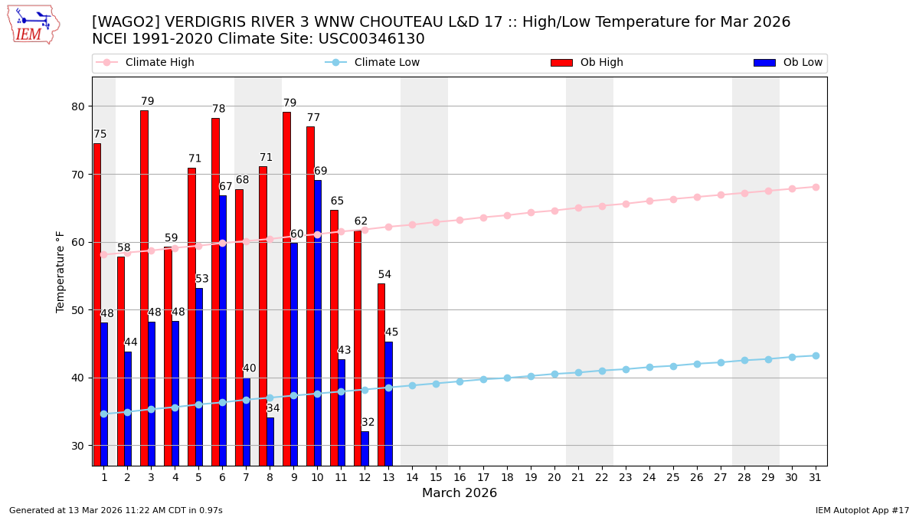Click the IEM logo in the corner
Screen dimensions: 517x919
coord(33,25)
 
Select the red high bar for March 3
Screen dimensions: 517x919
coord(144,287)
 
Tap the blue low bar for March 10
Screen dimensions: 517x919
coord(318,322)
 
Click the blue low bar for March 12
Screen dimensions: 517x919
coord(365,448)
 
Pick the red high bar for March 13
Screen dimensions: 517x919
coord(381,374)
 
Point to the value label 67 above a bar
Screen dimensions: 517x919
coord(225,187)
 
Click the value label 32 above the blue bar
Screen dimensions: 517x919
coord(368,423)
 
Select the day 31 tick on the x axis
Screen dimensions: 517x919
coord(815,477)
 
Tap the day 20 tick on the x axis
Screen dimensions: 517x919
coord(554,477)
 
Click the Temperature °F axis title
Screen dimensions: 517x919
coord(61,271)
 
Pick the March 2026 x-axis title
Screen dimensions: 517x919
coord(459,493)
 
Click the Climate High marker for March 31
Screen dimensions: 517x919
coord(816,187)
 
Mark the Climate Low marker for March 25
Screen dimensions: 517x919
coord(673,366)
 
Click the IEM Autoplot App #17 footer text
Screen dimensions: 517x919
coord(862,510)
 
